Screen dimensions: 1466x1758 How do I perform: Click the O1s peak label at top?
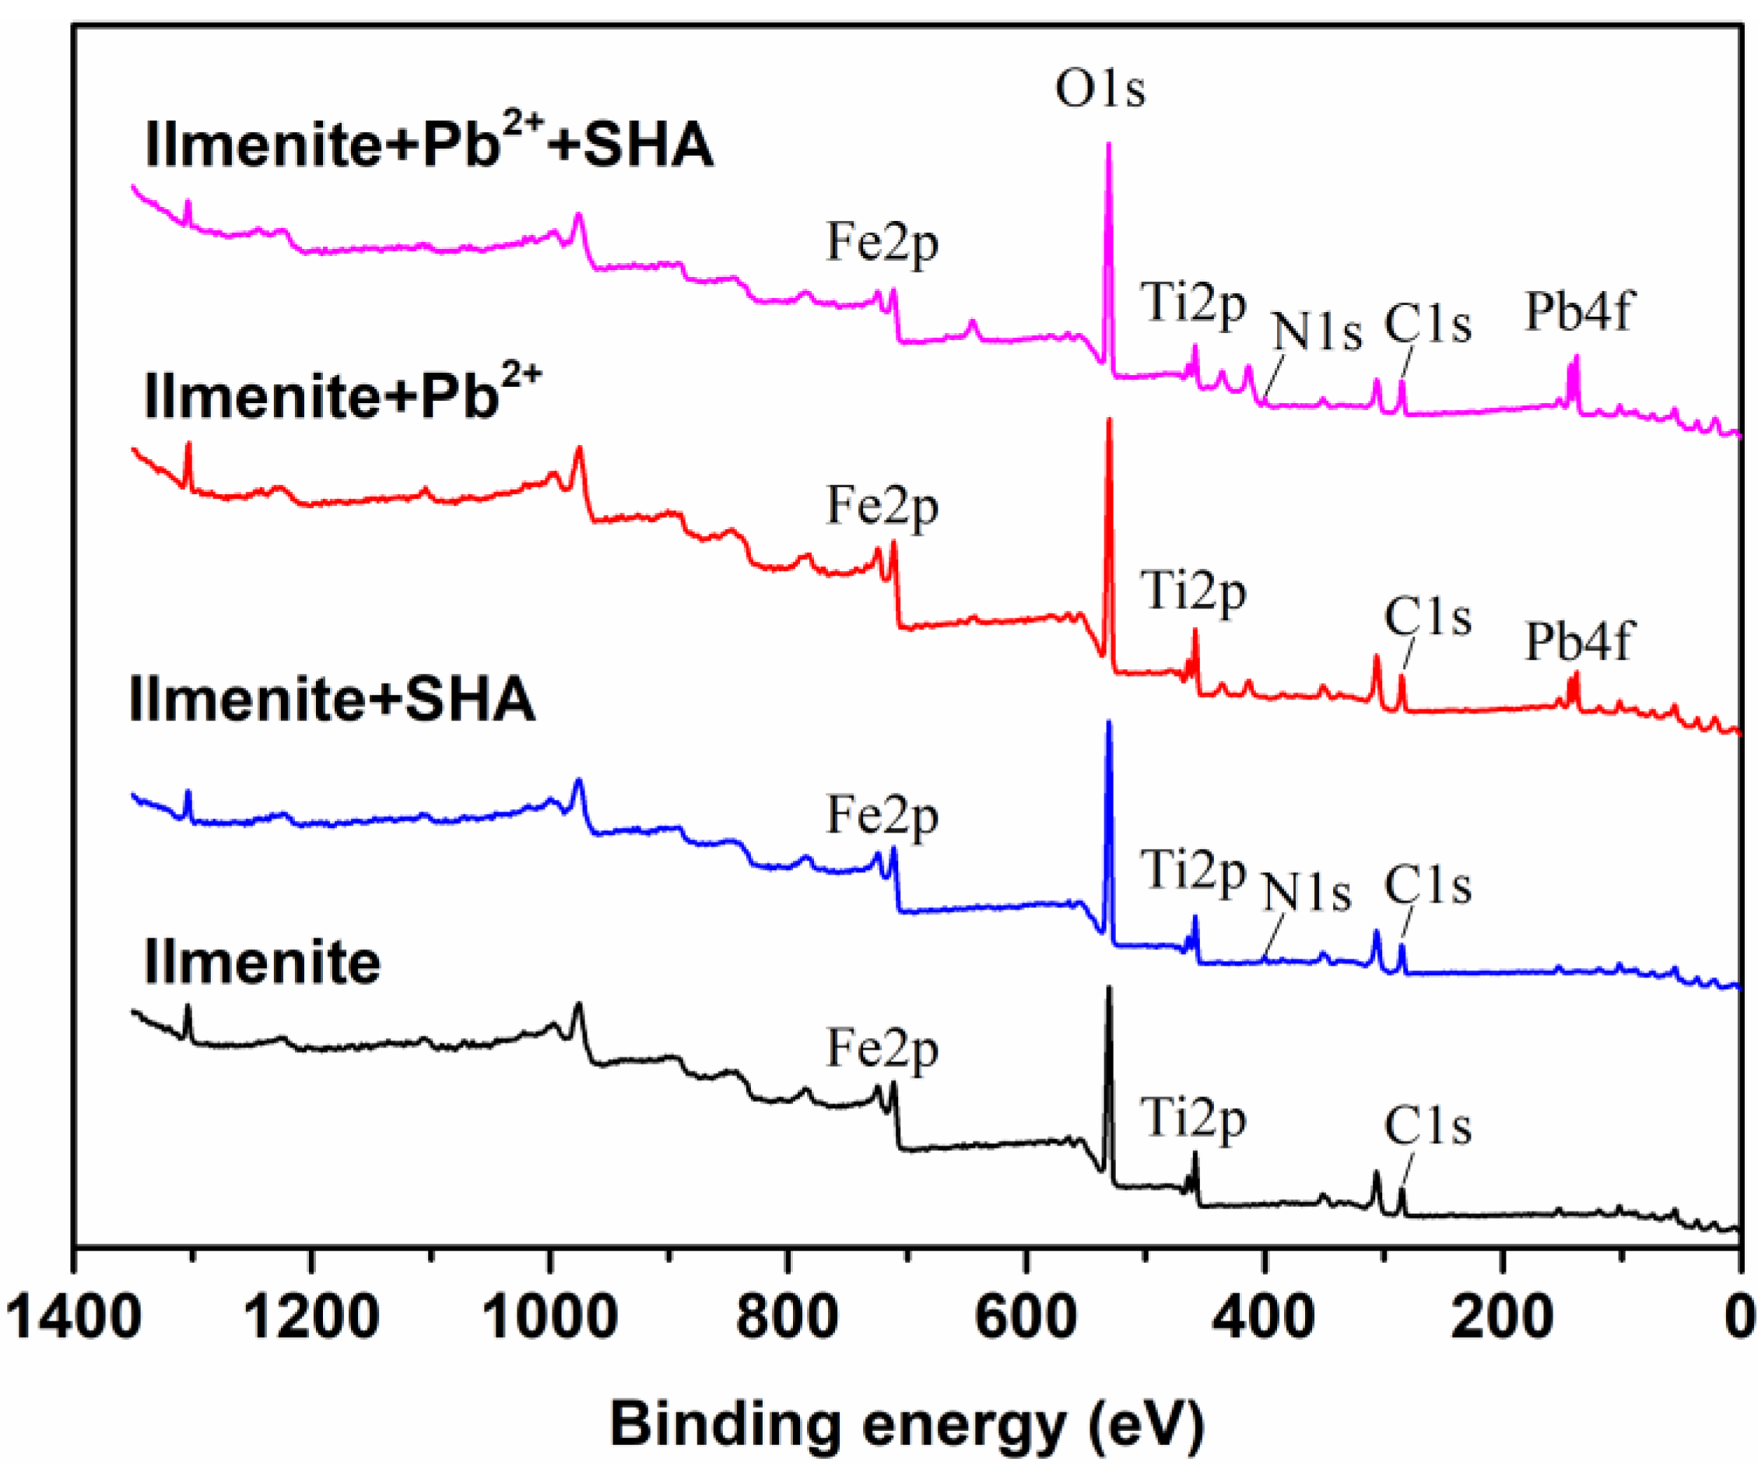coord(1099,88)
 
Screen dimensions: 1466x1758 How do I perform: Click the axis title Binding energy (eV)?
coord(907,1422)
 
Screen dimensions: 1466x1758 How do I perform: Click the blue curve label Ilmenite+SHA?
coord(332,698)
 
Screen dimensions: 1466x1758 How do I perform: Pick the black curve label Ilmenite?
coord(262,962)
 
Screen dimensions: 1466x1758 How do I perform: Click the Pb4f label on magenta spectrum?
coord(1578,311)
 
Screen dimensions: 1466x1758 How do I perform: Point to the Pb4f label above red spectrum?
coord(1578,642)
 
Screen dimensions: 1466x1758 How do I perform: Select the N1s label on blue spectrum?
coord(1306,893)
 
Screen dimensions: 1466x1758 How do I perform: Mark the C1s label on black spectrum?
coord(1427,1126)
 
